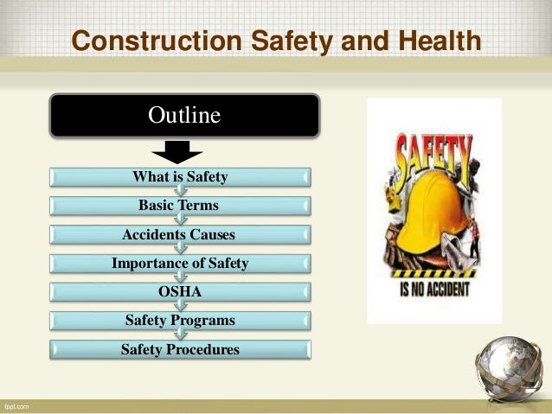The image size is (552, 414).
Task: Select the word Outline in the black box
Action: (184, 114)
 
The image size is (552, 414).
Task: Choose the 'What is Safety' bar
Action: (180, 177)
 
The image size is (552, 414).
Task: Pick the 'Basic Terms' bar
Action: (179, 206)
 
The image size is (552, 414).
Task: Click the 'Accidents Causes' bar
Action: (179, 234)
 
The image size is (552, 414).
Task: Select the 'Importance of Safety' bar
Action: (179, 263)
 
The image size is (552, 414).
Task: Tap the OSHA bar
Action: (179, 292)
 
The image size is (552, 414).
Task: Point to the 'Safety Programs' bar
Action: (179, 321)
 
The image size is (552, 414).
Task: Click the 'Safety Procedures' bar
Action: (179, 349)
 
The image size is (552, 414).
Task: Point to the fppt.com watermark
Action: (15, 405)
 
